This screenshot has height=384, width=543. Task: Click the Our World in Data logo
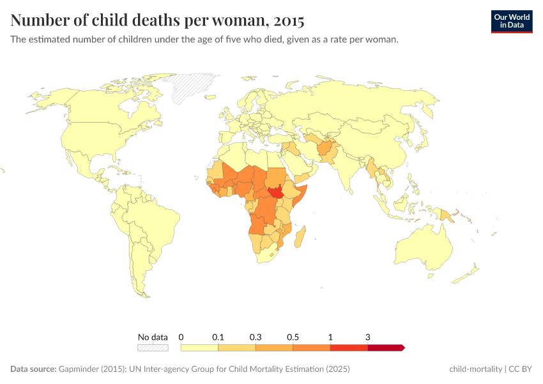coord(511,20)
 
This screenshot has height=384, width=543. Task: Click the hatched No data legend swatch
coord(153,348)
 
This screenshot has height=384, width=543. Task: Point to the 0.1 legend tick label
coord(218,337)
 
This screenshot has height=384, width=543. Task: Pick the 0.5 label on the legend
coord(293,337)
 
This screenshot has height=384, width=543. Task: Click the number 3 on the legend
coord(368,337)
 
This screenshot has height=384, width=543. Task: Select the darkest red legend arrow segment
coord(386,348)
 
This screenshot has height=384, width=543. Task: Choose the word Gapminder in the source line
coord(78,369)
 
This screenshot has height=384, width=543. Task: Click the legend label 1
coord(330,337)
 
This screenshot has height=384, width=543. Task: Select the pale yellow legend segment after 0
coord(199,348)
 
